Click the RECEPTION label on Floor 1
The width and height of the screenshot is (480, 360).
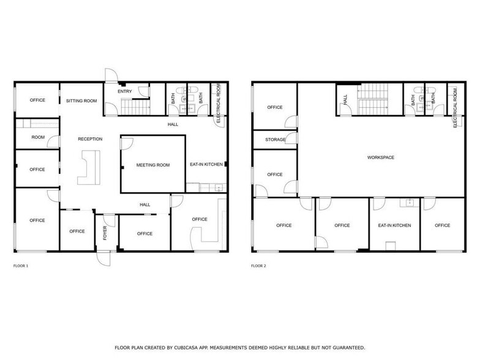point(90,139)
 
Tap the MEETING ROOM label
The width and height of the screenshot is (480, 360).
point(152,165)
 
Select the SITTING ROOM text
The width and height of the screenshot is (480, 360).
point(81,100)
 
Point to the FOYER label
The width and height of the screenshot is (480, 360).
point(105,233)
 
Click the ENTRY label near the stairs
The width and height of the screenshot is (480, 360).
point(125,92)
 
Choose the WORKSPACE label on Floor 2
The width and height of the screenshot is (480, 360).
point(380,157)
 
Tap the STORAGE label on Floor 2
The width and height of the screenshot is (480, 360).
point(275,140)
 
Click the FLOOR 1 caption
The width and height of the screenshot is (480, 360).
point(21,266)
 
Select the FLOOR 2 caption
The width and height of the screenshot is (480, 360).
point(259,266)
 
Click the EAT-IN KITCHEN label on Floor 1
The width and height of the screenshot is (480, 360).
point(206,165)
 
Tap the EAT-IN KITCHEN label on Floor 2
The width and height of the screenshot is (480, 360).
point(394,225)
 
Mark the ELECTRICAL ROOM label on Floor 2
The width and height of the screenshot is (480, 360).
point(456,107)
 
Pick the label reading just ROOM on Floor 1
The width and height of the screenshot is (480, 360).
point(38,137)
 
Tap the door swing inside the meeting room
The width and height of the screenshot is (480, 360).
point(127,143)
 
